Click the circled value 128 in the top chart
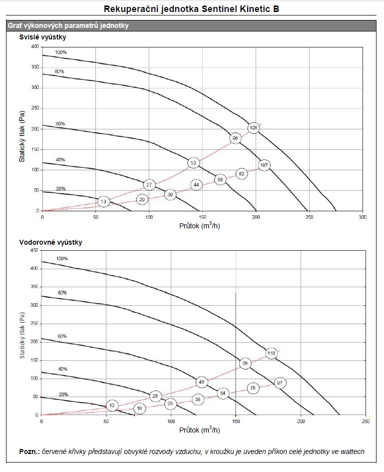point(254,128)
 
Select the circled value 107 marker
point(264,165)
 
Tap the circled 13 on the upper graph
point(103,202)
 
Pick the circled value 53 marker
point(194,163)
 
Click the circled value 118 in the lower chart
point(271,354)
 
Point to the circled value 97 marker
point(280,383)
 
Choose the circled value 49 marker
point(202,382)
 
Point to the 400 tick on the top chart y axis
point(34,46)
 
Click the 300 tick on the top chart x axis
point(363,218)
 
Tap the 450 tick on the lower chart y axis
point(34,250)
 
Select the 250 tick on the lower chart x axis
point(365,422)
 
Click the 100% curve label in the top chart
point(60,52)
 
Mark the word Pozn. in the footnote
point(29,452)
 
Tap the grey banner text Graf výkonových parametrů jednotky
point(67,25)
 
